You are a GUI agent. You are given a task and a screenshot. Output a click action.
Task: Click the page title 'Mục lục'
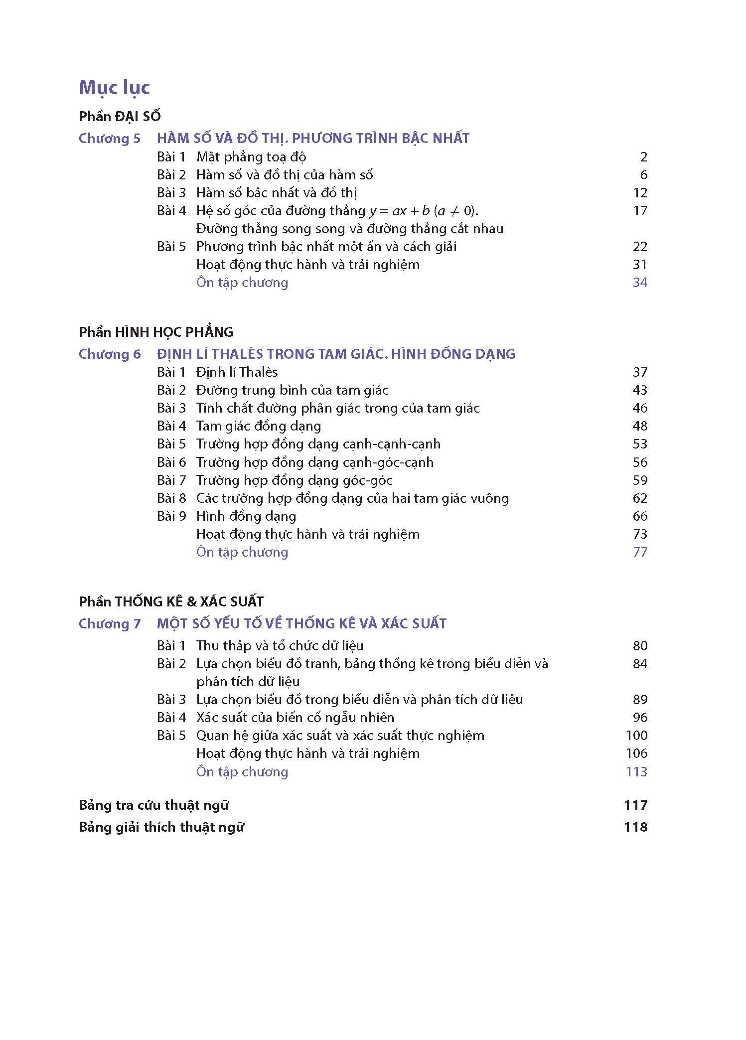pyautogui.click(x=114, y=88)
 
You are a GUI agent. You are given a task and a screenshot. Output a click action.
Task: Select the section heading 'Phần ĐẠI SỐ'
pyautogui.click(x=120, y=117)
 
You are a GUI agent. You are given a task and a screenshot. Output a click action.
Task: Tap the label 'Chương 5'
pyautogui.click(x=110, y=139)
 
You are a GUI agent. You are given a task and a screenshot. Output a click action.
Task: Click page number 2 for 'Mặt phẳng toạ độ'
pyautogui.click(x=643, y=157)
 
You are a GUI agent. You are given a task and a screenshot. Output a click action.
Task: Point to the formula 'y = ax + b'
pyautogui.click(x=399, y=211)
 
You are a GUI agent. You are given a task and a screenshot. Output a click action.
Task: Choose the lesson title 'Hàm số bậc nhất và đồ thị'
pyautogui.click(x=277, y=193)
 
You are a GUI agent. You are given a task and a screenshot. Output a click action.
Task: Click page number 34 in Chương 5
pyautogui.click(x=640, y=283)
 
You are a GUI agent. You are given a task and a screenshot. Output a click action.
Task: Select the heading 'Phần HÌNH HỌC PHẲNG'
pyautogui.click(x=156, y=332)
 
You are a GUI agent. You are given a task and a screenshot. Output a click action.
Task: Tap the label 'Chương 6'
pyautogui.click(x=110, y=354)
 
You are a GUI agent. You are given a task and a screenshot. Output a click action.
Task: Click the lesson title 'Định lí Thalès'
pyautogui.click(x=237, y=372)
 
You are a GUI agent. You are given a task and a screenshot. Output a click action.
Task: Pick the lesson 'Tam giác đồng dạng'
pyautogui.click(x=259, y=426)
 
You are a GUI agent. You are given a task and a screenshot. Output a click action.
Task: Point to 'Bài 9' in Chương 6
pyautogui.click(x=171, y=516)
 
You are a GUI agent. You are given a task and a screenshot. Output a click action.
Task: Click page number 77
pyautogui.click(x=640, y=552)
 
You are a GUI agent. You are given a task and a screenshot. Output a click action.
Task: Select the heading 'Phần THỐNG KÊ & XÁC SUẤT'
pyautogui.click(x=171, y=602)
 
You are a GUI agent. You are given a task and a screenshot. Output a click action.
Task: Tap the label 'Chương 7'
pyautogui.click(x=110, y=624)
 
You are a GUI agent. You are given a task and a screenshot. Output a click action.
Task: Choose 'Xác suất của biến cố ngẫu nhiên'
pyautogui.click(x=295, y=718)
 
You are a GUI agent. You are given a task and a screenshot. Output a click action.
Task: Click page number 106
pyautogui.click(x=636, y=753)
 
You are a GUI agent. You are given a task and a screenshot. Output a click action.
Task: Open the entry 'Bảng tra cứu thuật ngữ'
pyautogui.click(x=153, y=805)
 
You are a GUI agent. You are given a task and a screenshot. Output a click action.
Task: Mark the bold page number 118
pyautogui.click(x=635, y=827)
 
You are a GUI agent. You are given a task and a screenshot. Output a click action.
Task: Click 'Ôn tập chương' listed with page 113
pyautogui.click(x=242, y=772)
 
